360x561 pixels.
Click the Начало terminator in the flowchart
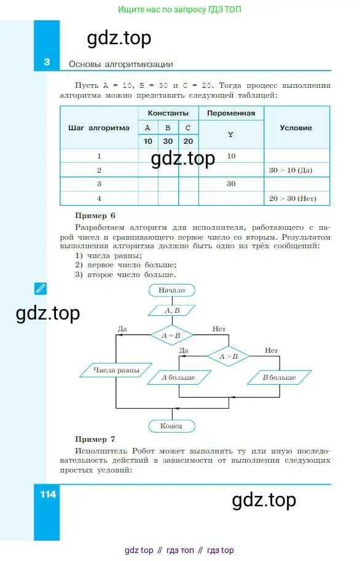click(172, 290)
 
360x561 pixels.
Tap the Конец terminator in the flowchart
click(172, 426)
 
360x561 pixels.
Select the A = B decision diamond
click(172, 335)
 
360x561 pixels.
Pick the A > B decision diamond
click(229, 356)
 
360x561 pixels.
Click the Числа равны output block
click(116, 371)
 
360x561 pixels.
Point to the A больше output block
click(179, 377)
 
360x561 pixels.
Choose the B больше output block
click(280, 377)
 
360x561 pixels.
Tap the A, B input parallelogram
click(172, 310)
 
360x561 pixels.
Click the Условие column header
click(296, 128)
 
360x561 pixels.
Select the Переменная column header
click(231, 113)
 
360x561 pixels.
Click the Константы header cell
click(168, 113)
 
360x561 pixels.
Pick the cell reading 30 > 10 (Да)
click(291, 170)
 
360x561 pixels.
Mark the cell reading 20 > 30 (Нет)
click(292, 198)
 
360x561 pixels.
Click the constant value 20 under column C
click(188, 141)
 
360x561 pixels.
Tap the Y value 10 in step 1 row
click(231, 156)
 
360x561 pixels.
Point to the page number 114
click(48, 495)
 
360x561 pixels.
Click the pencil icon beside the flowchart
click(41, 288)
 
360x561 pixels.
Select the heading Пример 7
click(95, 439)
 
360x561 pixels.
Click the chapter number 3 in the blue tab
click(47, 62)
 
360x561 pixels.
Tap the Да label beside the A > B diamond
click(184, 350)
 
